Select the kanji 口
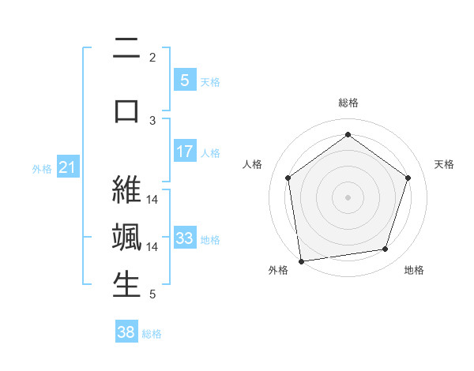pyautogui.click(x=126, y=109)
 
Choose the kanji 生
pyautogui.click(x=126, y=285)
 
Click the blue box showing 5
pyautogui.click(x=184, y=81)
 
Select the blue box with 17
pyautogui.click(x=184, y=152)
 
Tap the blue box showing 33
pyautogui.click(x=184, y=238)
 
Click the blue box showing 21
pyautogui.click(x=67, y=167)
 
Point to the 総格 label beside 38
pyautogui.click(x=152, y=334)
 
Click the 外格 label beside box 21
pyautogui.click(x=41, y=168)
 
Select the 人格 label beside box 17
pyautogui.click(x=209, y=152)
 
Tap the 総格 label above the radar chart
pyautogui.click(x=348, y=103)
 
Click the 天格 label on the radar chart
pyautogui.click(x=445, y=164)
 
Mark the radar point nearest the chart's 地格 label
pyautogui.click(x=386, y=249)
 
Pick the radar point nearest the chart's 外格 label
pyautogui.click(x=301, y=260)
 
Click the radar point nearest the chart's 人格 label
pyautogui.click(x=288, y=178)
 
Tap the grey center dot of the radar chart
pyautogui.click(x=348, y=197)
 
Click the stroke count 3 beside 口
pyautogui.click(x=152, y=120)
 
